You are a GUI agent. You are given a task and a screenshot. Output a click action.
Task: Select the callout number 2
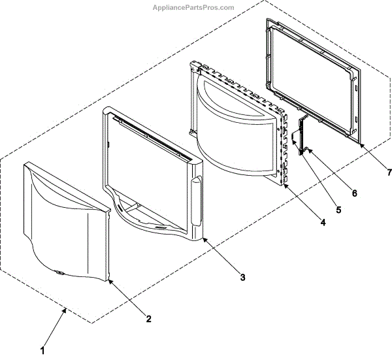148,319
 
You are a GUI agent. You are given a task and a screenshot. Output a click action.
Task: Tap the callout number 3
242,277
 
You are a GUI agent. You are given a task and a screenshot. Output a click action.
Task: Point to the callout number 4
322,221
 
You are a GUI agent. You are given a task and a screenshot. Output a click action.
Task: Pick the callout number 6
354,193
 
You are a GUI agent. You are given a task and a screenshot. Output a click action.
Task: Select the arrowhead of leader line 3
204,238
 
